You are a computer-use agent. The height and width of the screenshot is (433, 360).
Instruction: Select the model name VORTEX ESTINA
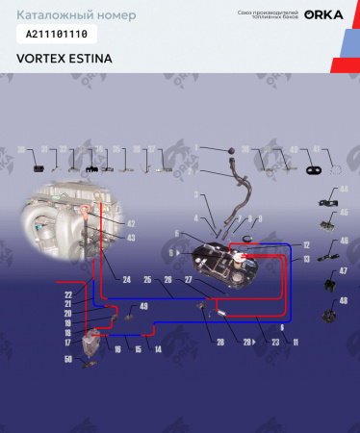coord(64,58)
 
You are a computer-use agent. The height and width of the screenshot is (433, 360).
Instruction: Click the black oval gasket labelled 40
coord(314,169)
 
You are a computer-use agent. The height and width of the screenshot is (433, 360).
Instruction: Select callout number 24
coord(125,280)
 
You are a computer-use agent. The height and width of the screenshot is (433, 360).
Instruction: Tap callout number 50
coord(68,359)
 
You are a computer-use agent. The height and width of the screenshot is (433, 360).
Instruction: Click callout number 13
coord(305,259)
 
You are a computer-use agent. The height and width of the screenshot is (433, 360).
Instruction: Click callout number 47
coord(343,273)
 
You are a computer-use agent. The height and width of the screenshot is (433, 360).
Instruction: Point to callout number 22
coord(68,293)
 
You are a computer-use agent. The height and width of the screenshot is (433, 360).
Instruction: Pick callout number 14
coord(156,348)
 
